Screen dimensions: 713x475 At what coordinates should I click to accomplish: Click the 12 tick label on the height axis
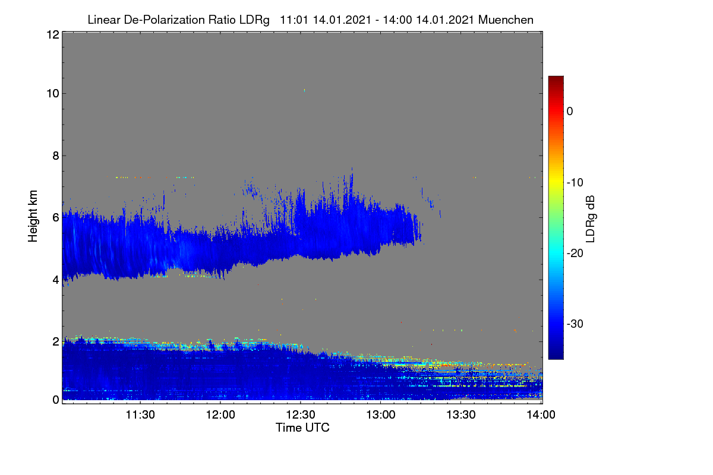pyautogui.click(x=53, y=34)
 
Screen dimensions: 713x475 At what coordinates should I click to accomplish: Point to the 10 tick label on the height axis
pyautogui.click(x=53, y=94)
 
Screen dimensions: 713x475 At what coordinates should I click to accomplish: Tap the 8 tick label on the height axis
pyautogui.click(x=56, y=156)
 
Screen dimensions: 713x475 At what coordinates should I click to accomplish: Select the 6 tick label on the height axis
pyautogui.click(x=56, y=218)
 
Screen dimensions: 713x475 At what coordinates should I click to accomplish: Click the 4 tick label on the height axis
pyautogui.click(x=56, y=280)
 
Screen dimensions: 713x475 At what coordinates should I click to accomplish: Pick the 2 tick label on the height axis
pyautogui.click(x=56, y=341)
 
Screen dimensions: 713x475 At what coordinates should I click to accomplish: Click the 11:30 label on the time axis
pyautogui.click(x=140, y=415)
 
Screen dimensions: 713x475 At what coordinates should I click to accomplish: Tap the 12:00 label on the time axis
pyautogui.click(x=220, y=415)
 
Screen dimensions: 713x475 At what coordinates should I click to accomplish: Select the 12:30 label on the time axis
pyautogui.click(x=301, y=415)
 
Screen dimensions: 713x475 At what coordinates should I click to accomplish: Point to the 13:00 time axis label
pyautogui.click(x=381, y=415)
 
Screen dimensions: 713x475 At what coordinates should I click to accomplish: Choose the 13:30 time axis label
pyautogui.click(x=461, y=415)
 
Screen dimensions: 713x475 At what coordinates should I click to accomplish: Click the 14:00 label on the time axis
pyautogui.click(x=541, y=415)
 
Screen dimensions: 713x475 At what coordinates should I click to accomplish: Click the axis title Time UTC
pyautogui.click(x=302, y=427)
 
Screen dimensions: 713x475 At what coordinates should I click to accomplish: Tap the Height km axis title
pyautogui.click(x=33, y=216)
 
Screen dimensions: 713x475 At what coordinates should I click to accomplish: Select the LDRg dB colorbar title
pyautogui.click(x=591, y=219)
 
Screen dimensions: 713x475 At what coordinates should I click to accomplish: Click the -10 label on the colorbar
pyautogui.click(x=575, y=183)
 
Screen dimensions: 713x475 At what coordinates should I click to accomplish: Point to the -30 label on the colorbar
pyautogui.click(x=575, y=324)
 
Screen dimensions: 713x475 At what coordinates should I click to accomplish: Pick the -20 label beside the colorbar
pyautogui.click(x=575, y=254)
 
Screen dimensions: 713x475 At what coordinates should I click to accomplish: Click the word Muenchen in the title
pyautogui.click(x=506, y=20)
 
